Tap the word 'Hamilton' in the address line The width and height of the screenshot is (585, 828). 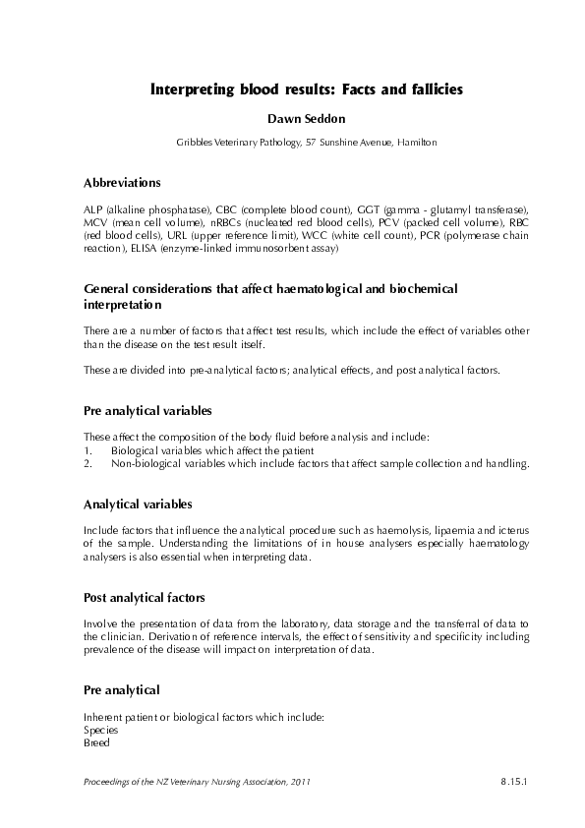click(x=417, y=143)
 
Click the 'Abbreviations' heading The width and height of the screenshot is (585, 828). click(x=123, y=183)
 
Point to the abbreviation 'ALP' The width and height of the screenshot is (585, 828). click(x=93, y=210)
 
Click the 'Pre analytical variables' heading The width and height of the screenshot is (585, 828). click(x=147, y=409)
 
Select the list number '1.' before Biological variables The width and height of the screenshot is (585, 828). click(x=88, y=449)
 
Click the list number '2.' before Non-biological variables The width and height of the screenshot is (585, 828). click(x=88, y=462)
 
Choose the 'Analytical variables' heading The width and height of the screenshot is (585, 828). click(x=131, y=503)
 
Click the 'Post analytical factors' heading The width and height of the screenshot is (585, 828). click(x=145, y=598)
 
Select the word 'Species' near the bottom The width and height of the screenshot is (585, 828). click(x=101, y=731)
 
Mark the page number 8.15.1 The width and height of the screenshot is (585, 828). click(x=513, y=782)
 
